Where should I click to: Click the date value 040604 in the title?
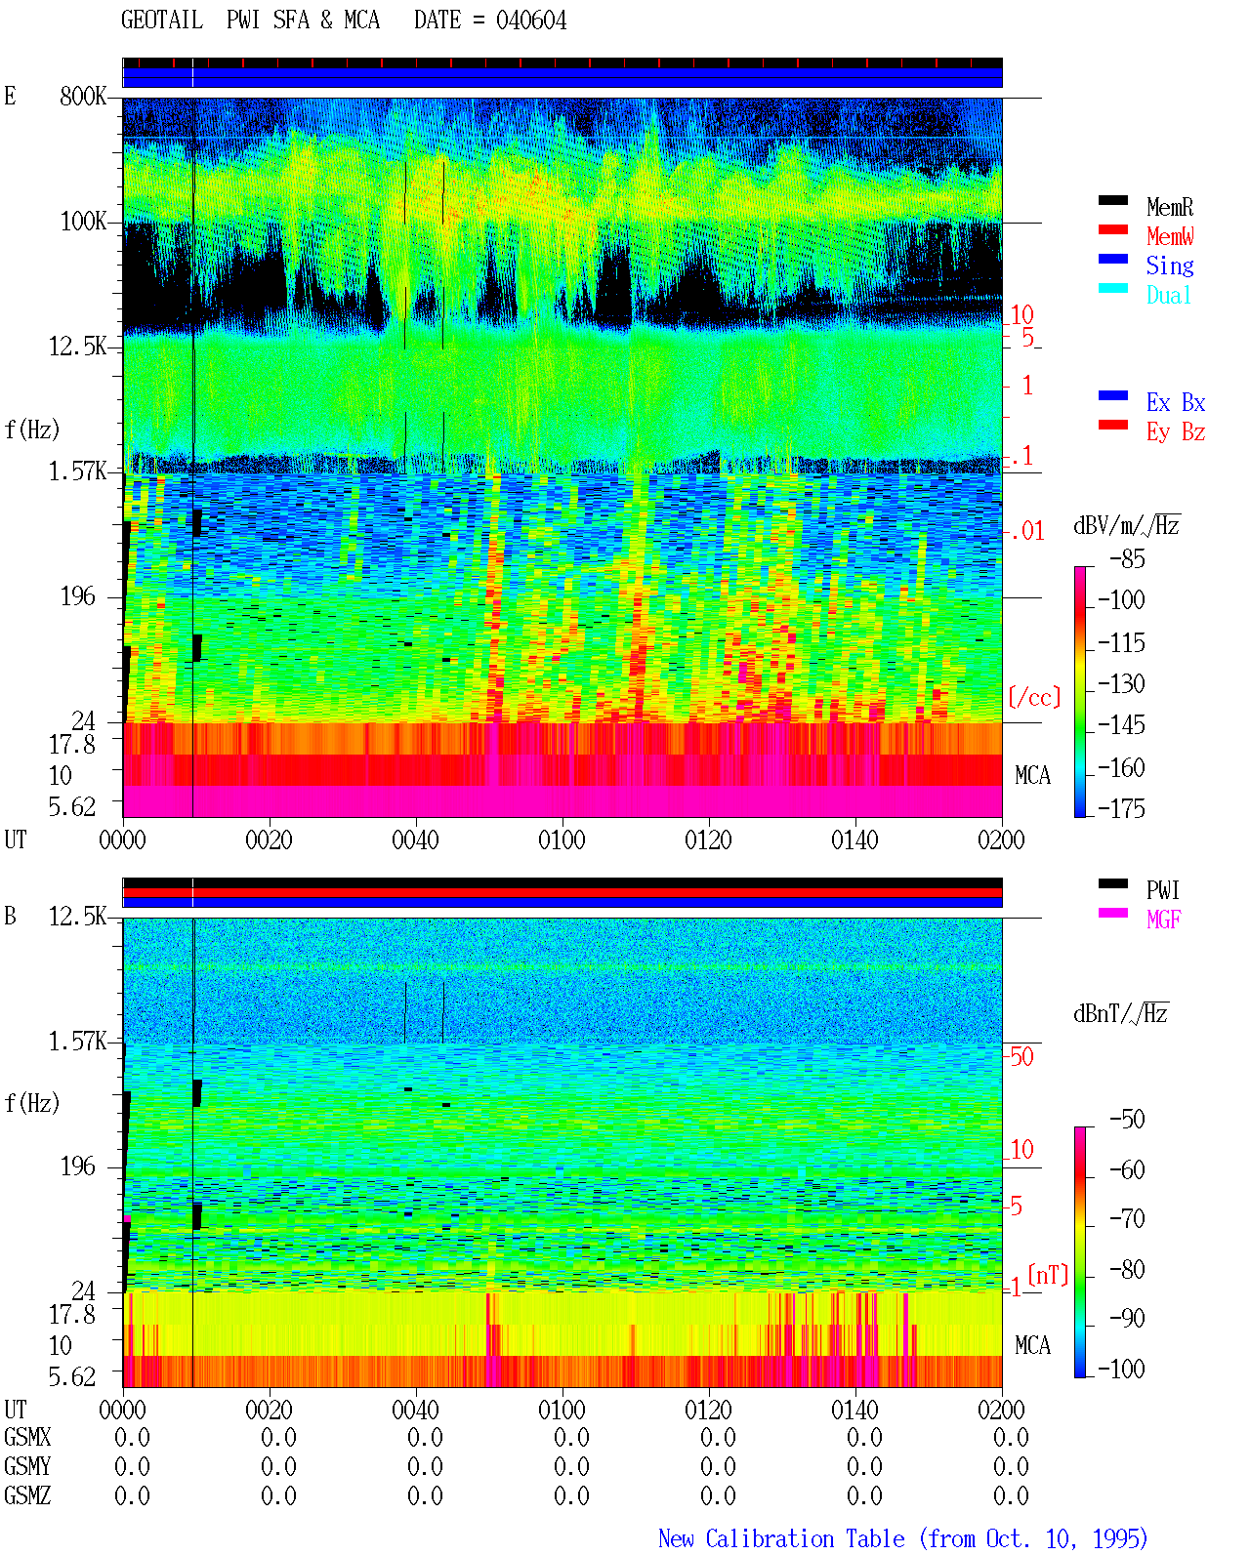click(x=530, y=20)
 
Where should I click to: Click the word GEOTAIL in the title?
click(x=162, y=20)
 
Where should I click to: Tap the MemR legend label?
click(x=1170, y=207)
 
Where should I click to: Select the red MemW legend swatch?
click(x=1112, y=229)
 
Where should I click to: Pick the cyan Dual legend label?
click(x=1168, y=295)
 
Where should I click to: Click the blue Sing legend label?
click(x=1170, y=266)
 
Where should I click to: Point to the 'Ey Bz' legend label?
click(x=1176, y=432)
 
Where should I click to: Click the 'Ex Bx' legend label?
click(x=1176, y=402)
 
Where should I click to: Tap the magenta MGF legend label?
click(x=1163, y=920)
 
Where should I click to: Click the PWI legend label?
click(x=1162, y=890)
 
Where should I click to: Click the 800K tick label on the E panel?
click(x=83, y=96)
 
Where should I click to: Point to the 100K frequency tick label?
click(x=83, y=222)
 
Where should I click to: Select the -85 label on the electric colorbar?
click(x=1127, y=558)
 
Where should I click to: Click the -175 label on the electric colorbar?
click(x=1121, y=808)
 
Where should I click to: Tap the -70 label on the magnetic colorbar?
click(x=1127, y=1219)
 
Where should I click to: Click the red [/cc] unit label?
click(x=1034, y=697)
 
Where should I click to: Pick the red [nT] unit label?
click(x=1048, y=1274)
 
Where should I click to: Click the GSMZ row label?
click(x=27, y=1495)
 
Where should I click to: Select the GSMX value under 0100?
click(x=571, y=1437)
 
